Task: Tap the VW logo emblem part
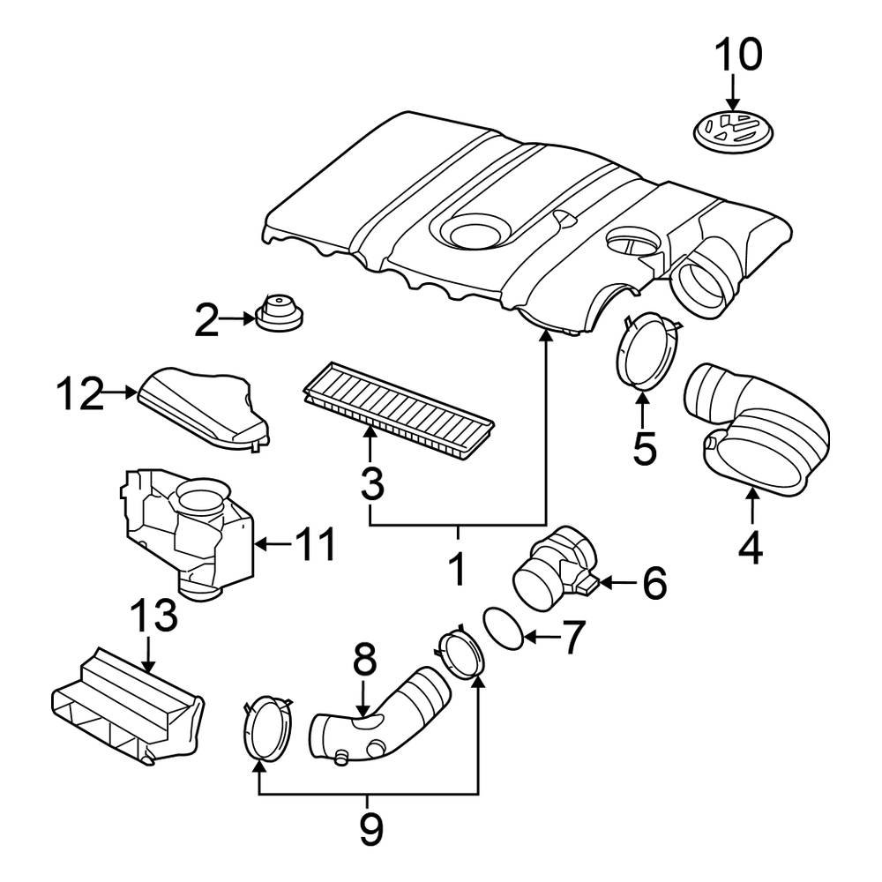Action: coord(732,130)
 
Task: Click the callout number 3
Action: coord(372,483)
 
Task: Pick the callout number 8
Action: coord(364,659)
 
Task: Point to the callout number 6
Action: coord(654,583)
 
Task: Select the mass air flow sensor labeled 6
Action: coord(547,569)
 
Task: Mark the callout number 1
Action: coord(457,569)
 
